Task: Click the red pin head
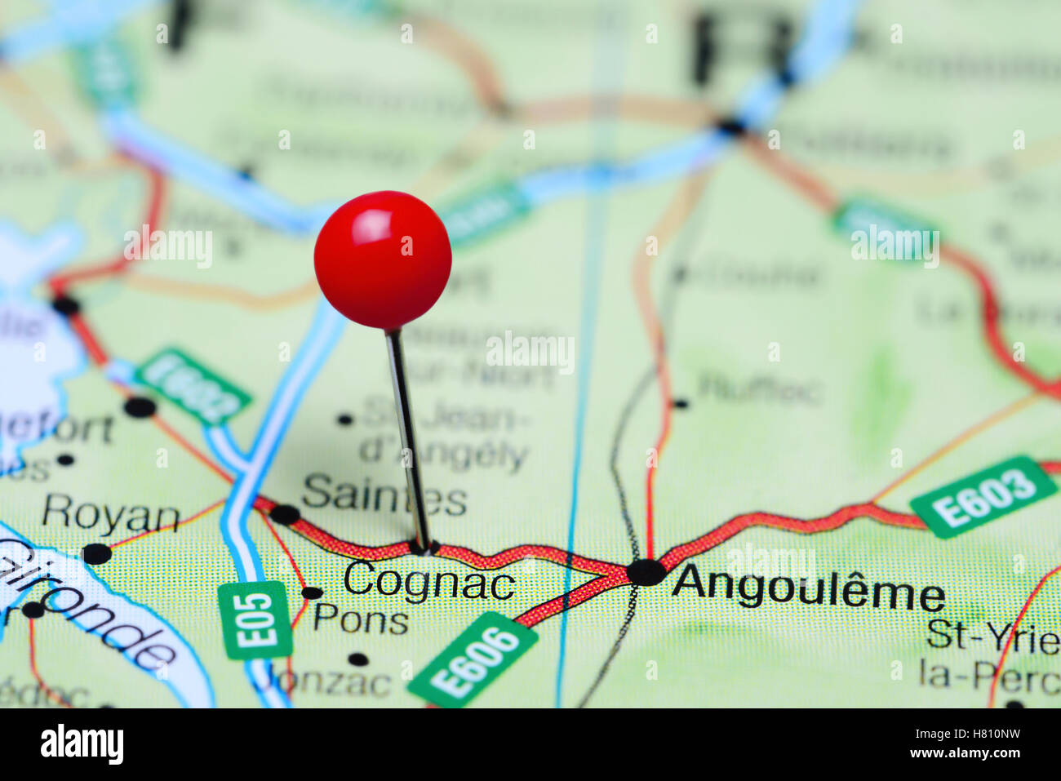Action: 383,260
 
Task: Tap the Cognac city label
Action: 428,583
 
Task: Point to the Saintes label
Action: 384,495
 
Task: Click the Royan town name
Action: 111,516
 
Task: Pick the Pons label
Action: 361,619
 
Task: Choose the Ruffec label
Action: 759,391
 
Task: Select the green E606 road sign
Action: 473,659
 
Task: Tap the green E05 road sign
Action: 256,619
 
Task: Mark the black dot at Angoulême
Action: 646,572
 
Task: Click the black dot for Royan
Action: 96,553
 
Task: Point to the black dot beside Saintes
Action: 285,514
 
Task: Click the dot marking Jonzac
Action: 357,659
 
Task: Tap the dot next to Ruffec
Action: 680,403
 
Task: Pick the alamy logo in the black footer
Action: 82,745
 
